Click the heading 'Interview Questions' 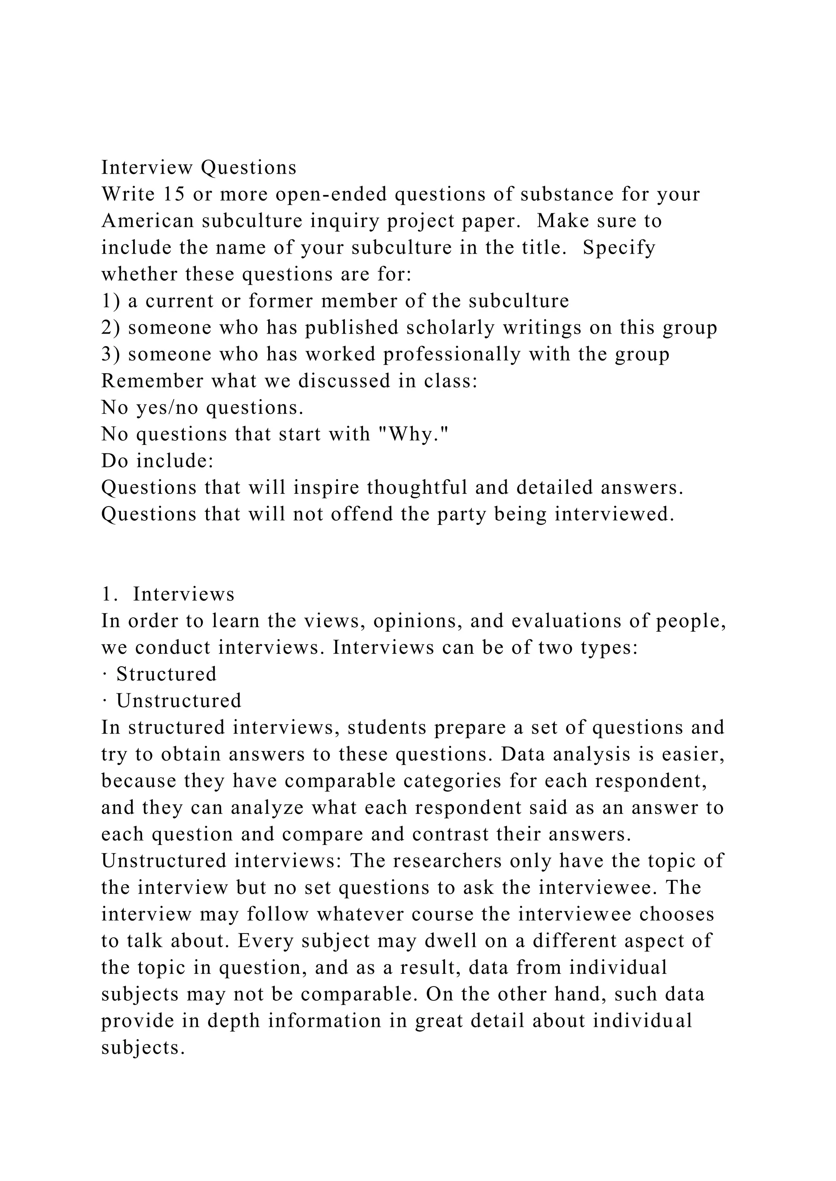coord(199,168)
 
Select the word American coord(147,221)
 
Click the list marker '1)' coord(111,301)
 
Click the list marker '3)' coord(111,354)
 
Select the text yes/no coord(168,408)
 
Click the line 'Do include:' coord(158,461)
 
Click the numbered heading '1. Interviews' coord(168,595)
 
